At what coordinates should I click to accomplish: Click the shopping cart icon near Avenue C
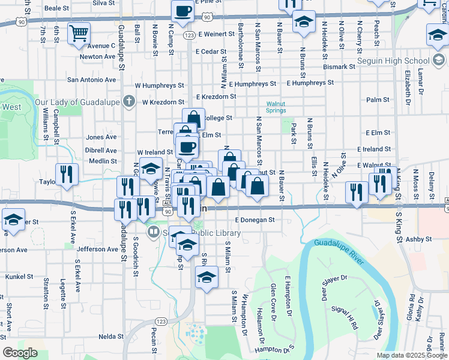(x=79, y=34)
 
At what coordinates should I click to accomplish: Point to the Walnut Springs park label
(x=276, y=107)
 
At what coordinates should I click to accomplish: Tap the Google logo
(x=20, y=352)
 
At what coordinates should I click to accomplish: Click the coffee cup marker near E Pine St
(x=182, y=10)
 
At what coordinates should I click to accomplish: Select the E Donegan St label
(x=255, y=220)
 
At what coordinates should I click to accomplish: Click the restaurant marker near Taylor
(x=67, y=174)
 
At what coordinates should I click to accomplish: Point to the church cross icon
(x=127, y=101)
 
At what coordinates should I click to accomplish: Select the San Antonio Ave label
(x=91, y=79)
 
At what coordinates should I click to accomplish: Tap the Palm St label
(x=378, y=100)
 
